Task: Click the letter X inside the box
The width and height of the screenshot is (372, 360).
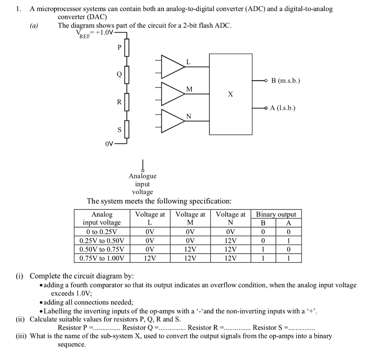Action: (x=230, y=94)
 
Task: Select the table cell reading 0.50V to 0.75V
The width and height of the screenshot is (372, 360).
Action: (x=102, y=249)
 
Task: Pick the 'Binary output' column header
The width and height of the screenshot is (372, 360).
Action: (x=276, y=214)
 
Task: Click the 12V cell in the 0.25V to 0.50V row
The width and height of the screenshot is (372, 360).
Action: (x=230, y=241)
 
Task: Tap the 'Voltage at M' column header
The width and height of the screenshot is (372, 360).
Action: (x=190, y=218)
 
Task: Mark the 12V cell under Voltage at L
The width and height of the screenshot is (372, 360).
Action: (x=150, y=259)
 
